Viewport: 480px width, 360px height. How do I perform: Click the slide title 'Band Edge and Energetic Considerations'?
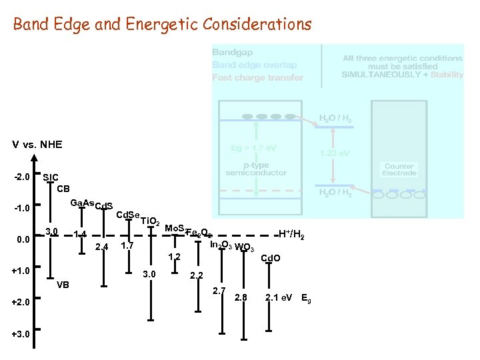click(x=162, y=25)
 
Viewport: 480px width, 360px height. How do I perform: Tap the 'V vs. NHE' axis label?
click(x=37, y=145)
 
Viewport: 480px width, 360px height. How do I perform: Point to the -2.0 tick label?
click(x=21, y=178)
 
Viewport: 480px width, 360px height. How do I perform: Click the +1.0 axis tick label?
click(x=21, y=271)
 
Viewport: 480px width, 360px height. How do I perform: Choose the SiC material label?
click(x=51, y=178)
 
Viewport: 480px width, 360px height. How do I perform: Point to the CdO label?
click(x=270, y=258)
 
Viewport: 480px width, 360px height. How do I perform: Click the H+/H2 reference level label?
click(x=291, y=234)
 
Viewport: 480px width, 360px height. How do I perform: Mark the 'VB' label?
click(x=63, y=285)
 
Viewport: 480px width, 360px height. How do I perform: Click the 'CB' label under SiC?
click(x=63, y=188)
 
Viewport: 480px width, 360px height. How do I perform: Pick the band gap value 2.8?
click(x=241, y=297)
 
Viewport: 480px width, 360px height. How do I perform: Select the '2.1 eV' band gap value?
click(x=279, y=297)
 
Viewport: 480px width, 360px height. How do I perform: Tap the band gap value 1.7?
click(x=127, y=246)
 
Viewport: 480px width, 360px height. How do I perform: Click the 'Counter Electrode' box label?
click(x=399, y=169)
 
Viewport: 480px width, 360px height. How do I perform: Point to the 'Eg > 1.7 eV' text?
click(x=254, y=147)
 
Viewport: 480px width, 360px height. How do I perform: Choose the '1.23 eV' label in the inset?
click(x=335, y=153)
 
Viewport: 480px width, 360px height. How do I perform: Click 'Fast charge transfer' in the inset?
click(x=257, y=77)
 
